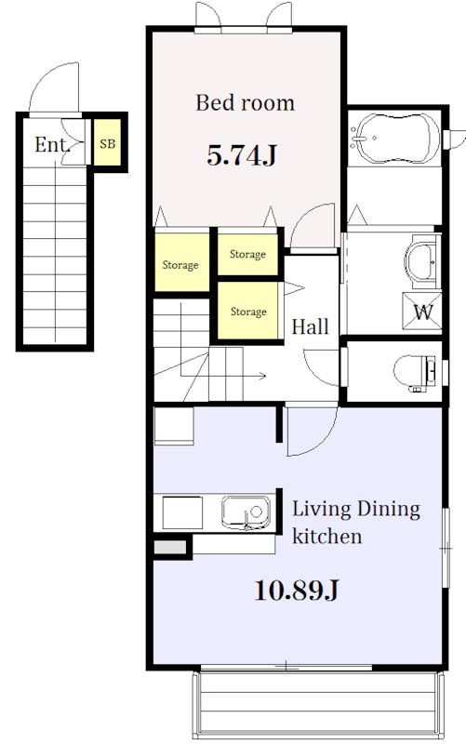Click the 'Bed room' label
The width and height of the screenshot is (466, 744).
click(245, 103)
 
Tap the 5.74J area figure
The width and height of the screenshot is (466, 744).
click(242, 155)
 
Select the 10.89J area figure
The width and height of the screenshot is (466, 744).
click(296, 591)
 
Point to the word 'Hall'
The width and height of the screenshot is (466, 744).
click(310, 326)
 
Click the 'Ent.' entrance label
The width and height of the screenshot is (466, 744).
click(52, 144)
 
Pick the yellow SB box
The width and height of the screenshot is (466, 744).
click(107, 142)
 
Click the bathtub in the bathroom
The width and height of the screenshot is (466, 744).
click(398, 138)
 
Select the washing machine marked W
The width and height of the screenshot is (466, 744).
click(422, 312)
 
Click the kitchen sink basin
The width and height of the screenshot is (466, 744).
click(246, 512)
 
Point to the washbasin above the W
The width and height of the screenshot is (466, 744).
click(421, 261)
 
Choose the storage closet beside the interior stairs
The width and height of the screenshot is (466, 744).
click(247, 311)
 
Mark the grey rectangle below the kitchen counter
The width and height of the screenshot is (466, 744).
click(170, 547)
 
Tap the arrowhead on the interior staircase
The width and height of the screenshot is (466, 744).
click(262, 377)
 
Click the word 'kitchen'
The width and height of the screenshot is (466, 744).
click(326, 537)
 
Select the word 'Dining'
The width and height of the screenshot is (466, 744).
click(388, 510)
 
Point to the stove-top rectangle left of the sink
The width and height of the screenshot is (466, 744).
click(182, 512)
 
